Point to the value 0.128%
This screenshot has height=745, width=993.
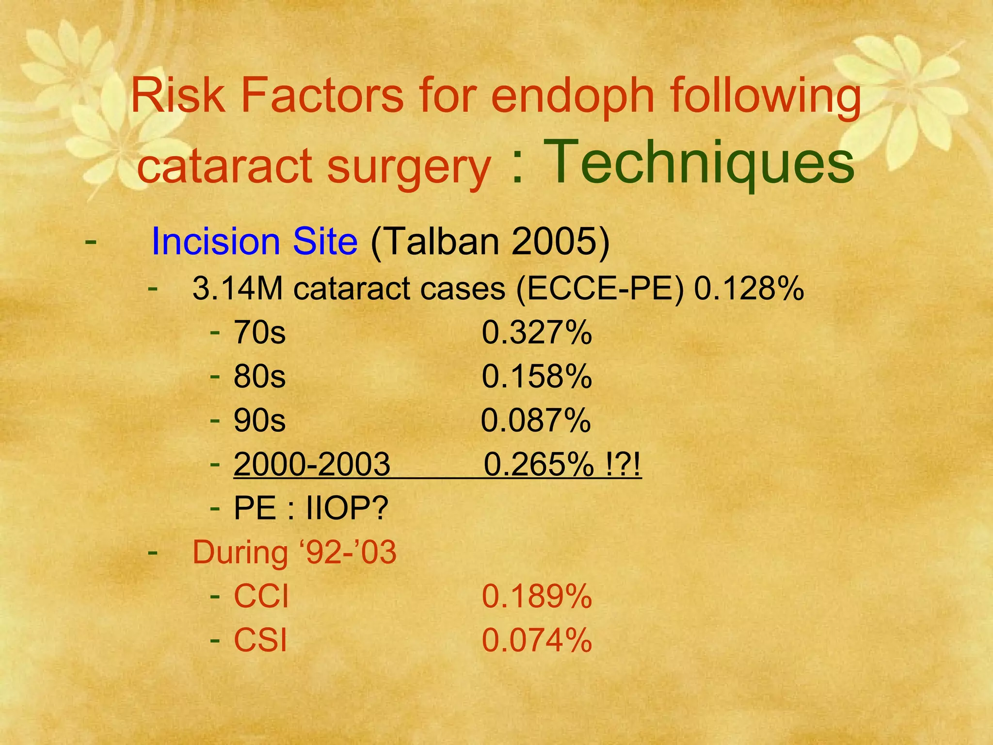(x=749, y=289)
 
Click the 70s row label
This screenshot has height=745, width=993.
(x=259, y=333)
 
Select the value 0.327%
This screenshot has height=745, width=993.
(x=537, y=333)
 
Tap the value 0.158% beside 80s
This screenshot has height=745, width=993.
(x=537, y=377)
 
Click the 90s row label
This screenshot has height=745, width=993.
(x=259, y=421)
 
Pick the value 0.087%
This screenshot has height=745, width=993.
(x=536, y=421)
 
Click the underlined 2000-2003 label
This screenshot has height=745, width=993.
(x=312, y=464)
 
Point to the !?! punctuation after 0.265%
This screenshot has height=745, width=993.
(x=624, y=464)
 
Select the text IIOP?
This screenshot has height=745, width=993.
(x=347, y=509)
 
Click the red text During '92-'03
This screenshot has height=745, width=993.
(x=294, y=552)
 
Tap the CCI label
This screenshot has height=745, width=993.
(x=261, y=597)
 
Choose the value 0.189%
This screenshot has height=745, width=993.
(x=537, y=597)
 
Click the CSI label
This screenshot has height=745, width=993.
(x=260, y=640)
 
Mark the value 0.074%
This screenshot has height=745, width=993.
(x=537, y=640)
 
